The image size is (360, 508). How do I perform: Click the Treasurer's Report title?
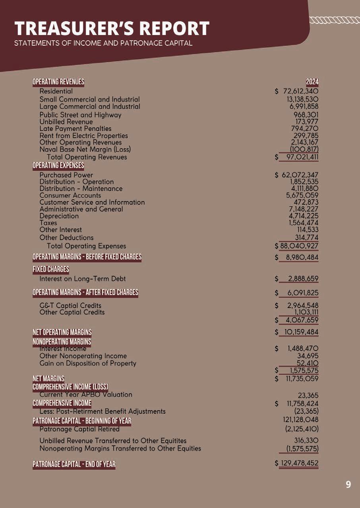tap(112, 29)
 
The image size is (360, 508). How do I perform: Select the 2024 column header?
tap(312, 82)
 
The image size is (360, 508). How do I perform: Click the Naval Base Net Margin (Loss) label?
tap(85, 149)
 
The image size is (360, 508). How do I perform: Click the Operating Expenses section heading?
tap(58, 165)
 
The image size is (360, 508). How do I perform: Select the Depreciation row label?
tap(59, 216)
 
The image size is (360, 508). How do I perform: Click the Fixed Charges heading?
tap(50, 270)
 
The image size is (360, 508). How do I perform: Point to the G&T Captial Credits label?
tap(70, 305)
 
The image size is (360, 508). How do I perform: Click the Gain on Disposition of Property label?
tap(88, 363)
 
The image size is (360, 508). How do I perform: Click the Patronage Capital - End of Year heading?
tap(74, 464)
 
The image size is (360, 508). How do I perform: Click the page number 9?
tap(348, 484)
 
